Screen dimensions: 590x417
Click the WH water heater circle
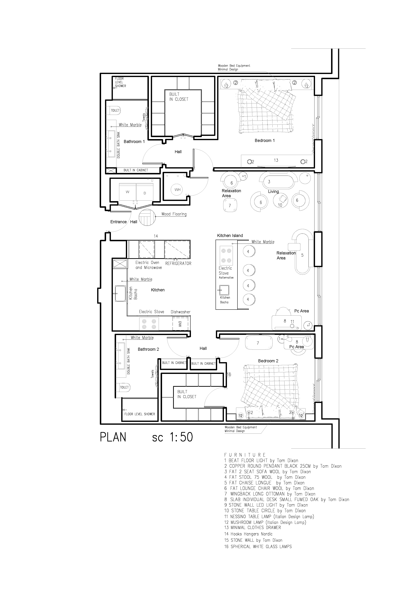point(177,190)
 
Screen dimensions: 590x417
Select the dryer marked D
point(145,193)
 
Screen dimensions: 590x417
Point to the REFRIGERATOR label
point(178,263)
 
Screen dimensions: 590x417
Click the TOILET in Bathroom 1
point(115,111)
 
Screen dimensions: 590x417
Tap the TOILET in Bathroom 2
point(124,387)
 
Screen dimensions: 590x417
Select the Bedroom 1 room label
point(265,141)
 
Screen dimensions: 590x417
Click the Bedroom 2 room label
point(268,361)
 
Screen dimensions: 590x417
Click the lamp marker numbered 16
point(229,375)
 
